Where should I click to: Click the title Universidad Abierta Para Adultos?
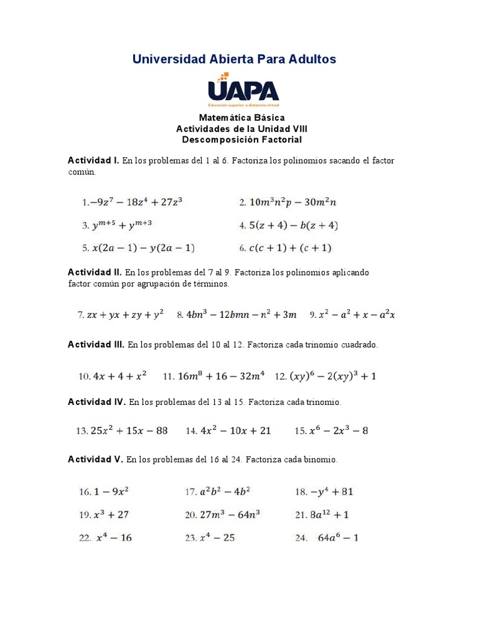click(234, 59)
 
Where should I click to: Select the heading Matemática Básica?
click(241, 118)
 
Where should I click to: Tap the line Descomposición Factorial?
click(241, 140)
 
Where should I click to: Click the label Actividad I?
click(93, 160)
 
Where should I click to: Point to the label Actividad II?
click(95, 272)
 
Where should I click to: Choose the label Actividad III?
click(96, 344)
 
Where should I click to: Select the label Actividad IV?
click(96, 402)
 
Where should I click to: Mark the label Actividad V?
click(95, 460)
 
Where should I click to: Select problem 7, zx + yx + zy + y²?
click(120, 315)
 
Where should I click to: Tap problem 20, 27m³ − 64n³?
click(222, 514)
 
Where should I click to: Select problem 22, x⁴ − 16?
click(106, 537)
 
